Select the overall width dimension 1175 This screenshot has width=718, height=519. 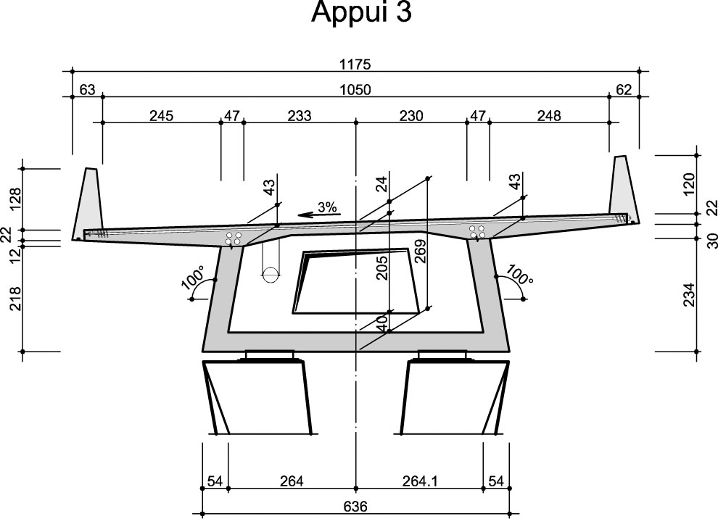pyautogui.click(x=355, y=65)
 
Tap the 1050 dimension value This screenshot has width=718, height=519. pyautogui.click(x=355, y=90)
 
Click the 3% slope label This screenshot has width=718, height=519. pyautogui.click(x=329, y=207)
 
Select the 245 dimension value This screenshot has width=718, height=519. pyautogui.click(x=161, y=115)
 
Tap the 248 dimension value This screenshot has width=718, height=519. pyautogui.click(x=549, y=115)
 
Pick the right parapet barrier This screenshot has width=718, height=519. pyautogui.click(x=621, y=187)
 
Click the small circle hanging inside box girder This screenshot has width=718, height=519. pyautogui.click(x=269, y=275)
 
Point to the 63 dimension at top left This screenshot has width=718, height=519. pyautogui.click(x=87, y=90)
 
